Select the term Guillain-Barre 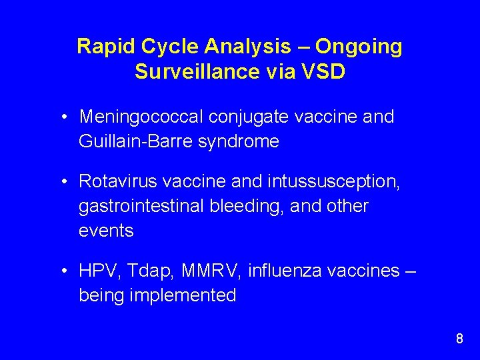[137, 141]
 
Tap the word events [106, 231]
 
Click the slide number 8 [459, 339]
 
